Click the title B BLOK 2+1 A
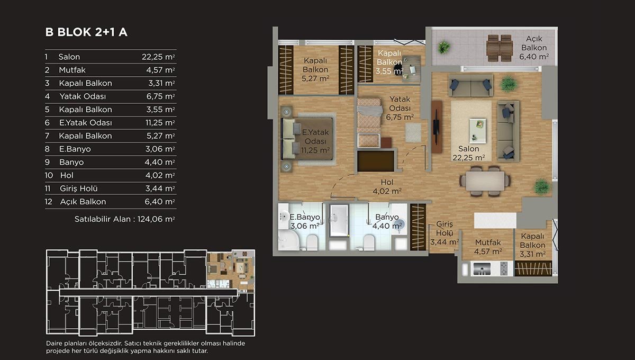pyautogui.click(x=86, y=32)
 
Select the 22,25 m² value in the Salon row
pyautogui.click(x=158, y=57)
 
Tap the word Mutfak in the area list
pyautogui.click(x=72, y=70)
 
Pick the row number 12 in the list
pyautogui.click(x=49, y=202)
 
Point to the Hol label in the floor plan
pyautogui.click(x=387, y=182)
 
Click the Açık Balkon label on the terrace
pyautogui.click(x=534, y=43)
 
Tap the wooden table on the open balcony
pyautogui.click(x=500, y=48)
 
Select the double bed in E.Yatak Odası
pyautogui.click(x=307, y=139)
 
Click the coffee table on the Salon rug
pyautogui.click(x=478, y=130)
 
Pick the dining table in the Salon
pyautogui.click(x=485, y=181)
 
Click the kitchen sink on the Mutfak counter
pyautogui.click(x=481, y=268)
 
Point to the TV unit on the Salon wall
pyautogui.click(x=437, y=127)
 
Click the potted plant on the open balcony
pyautogui.click(x=443, y=47)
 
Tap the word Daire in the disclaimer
pyautogui.click(x=54, y=343)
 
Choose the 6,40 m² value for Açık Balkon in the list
pyautogui.click(x=160, y=202)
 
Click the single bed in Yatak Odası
pyautogui.click(x=369, y=122)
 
